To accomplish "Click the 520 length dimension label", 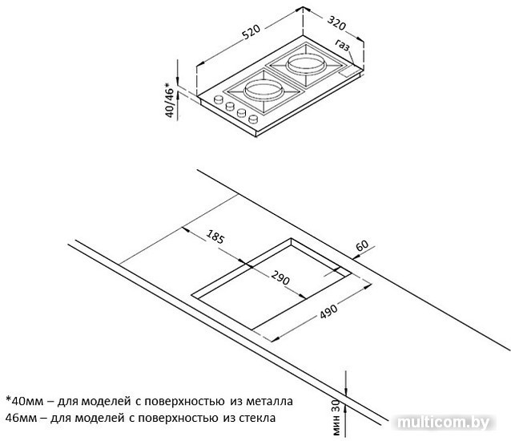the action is [x=251, y=31].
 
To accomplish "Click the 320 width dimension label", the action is [x=336, y=23].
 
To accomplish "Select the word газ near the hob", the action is [x=343, y=46].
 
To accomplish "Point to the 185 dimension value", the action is [x=215, y=237].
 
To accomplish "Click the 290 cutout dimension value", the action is [x=280, y=278].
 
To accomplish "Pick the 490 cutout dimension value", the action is [x=328, y=311].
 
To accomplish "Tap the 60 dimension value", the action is [x=362, y=245].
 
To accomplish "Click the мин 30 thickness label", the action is [x=336, y=418].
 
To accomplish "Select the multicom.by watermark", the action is [x=444, y=423].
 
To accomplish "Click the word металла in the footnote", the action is [x=269, y=401].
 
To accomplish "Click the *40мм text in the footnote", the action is [x=25, y=401].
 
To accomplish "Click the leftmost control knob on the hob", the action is [x=218, y=99].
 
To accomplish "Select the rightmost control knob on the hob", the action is [x=253, y=119].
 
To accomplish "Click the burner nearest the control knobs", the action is [x=263, y=90].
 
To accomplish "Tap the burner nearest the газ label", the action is [x=306, y=64].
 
